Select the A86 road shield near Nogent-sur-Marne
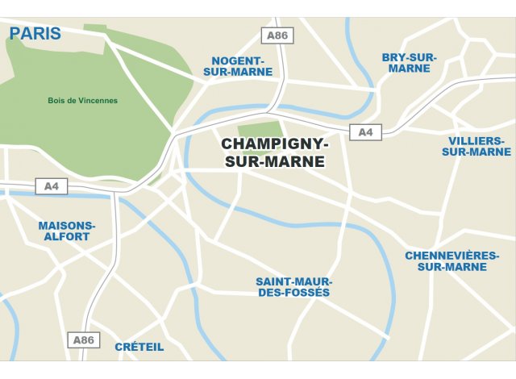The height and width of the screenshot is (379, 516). tap(278, 35)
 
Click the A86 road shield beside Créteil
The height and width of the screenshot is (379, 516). tap(84, 339)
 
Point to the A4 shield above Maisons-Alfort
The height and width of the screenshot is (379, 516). tap(52, 187)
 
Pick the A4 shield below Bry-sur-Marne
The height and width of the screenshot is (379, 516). tap(365, 132)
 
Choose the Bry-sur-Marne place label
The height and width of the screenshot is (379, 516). tap(409, 63)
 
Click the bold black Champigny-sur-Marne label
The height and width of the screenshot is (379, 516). tap(275, 152)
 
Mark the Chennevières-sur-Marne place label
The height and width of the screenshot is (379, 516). tap(451, 261)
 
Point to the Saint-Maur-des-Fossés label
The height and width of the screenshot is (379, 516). tap(293, 287)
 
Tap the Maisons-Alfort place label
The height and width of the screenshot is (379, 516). tap(66, 231)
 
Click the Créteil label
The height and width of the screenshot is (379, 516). tap(139, 347)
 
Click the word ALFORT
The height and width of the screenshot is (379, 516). tap(66, 237)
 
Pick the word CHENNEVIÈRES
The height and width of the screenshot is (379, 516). tap(451, 256)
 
